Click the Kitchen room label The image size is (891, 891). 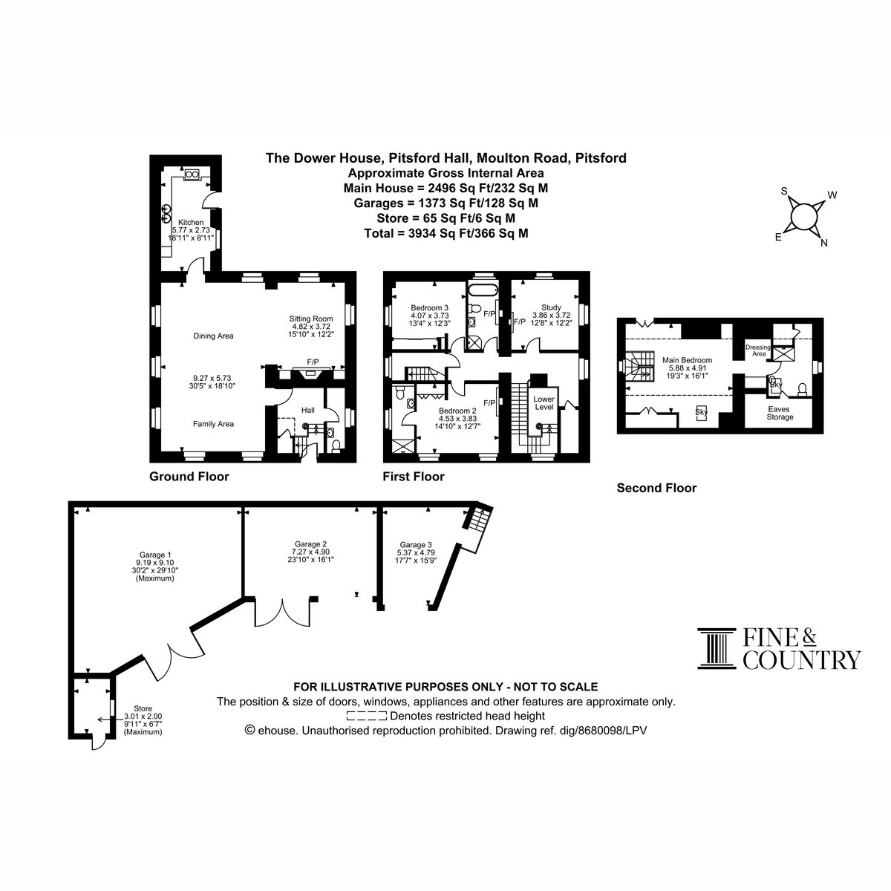[x=191, y=223]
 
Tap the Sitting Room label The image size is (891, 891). [x=311, y=319]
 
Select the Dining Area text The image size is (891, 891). [x=213, y=336]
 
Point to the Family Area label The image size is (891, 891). [x=213, y=423]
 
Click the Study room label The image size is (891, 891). [x=551, y=307]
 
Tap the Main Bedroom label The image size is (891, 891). [x=687, y=359]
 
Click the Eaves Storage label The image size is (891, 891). [x=780, y=413]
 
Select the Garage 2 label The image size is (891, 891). [x=310, y=544]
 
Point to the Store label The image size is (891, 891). [x=143, y=708]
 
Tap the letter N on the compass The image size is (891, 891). [x=823, y=244]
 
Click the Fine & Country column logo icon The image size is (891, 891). [x=717, y=648]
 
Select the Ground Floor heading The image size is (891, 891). [x=189, y=477]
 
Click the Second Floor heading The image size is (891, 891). [x=656, y=488]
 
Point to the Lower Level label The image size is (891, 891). [x=544, y=402]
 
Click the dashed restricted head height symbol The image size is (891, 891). [x=366, y=717]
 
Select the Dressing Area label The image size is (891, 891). [x=758, y=350]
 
